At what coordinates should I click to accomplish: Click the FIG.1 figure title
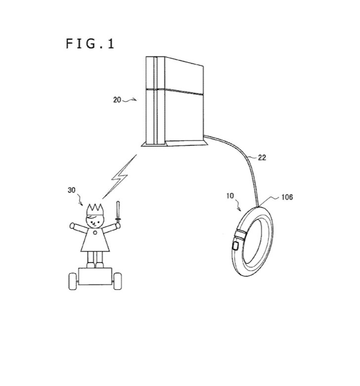pos(90,44)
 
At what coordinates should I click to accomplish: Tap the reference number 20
pos(117,100)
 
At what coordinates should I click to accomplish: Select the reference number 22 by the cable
pos(262,158)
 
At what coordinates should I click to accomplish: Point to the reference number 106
pos(287,197)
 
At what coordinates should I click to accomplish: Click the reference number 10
pos(230,196)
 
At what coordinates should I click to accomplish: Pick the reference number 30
pos(71,190)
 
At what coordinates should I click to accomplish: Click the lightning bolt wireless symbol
pos(120,176)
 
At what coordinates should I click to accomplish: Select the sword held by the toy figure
pos(118,212)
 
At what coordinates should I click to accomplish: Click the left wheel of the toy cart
pos(73,281)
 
